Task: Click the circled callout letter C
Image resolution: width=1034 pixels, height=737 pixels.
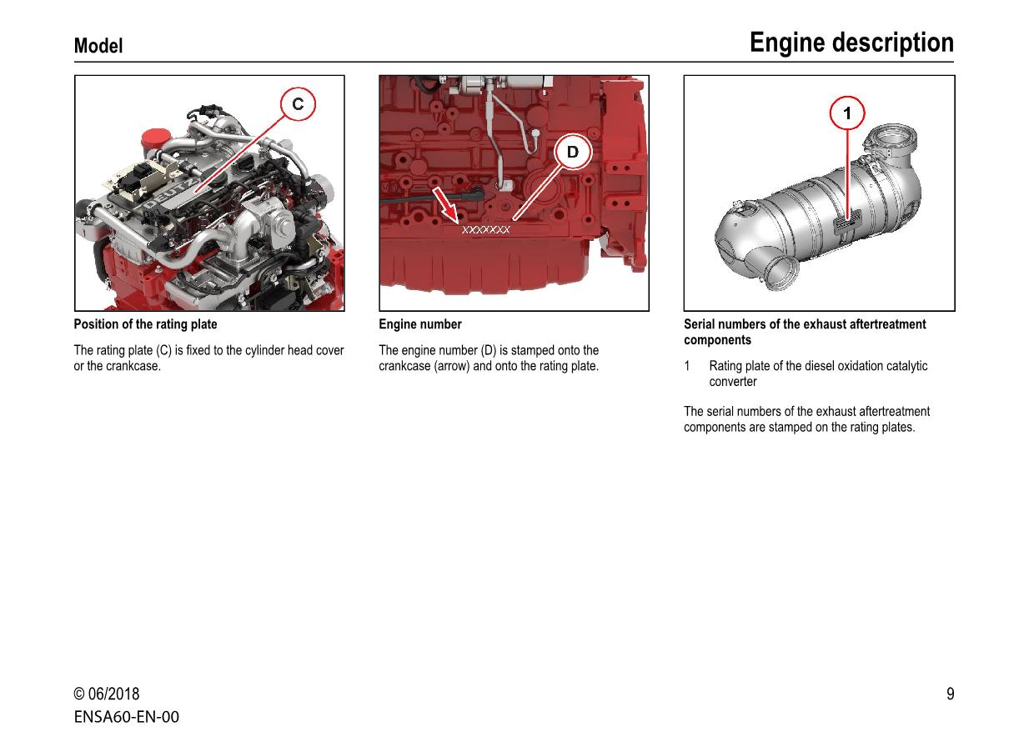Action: (298, 105)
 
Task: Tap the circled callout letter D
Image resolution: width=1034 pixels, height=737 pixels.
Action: (573, 152)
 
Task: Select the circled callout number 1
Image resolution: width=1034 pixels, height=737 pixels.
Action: (847, 113)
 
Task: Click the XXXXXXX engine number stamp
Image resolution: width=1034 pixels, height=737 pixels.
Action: (485, 229)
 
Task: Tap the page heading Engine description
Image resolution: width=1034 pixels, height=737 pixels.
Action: (851, 43)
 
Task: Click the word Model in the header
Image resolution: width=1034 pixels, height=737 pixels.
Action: (98, 47)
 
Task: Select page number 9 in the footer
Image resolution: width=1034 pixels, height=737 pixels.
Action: (950, 694)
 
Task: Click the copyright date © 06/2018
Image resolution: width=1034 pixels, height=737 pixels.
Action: (107, 694)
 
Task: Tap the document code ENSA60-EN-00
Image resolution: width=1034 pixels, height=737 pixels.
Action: (126, 717)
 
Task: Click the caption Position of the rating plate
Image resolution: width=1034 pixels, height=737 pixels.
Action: (145, 324)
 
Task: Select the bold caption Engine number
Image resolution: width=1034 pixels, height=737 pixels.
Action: (419, 324)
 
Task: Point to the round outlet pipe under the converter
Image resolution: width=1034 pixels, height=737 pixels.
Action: (783, 274)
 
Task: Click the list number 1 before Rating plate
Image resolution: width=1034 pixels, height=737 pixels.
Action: (687, 366)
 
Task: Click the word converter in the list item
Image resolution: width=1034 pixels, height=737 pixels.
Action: (733, 382)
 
